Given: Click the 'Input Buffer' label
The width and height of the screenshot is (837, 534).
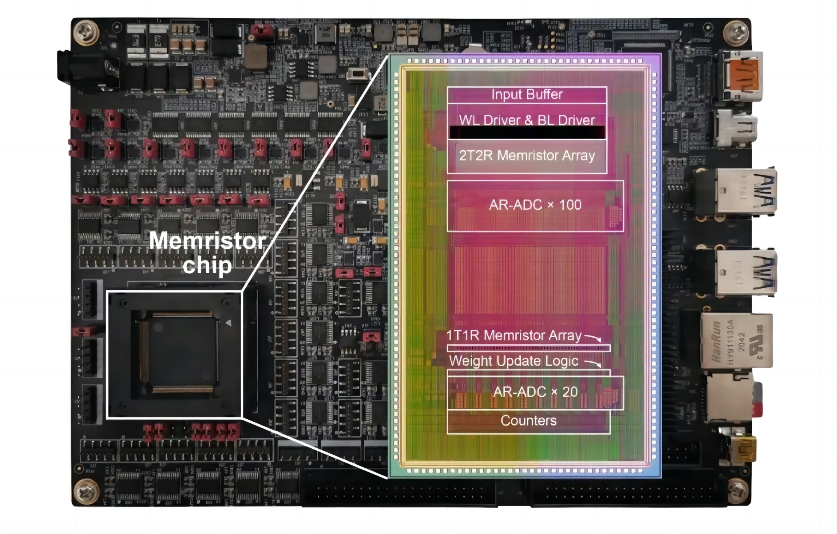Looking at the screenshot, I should click(527, 95).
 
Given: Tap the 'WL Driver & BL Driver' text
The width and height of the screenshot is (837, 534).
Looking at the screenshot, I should click(527, 120).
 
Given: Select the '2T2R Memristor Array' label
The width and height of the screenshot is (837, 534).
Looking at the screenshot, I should click(527, 155).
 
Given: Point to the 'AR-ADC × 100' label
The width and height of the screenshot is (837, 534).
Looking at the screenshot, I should click(535, 205).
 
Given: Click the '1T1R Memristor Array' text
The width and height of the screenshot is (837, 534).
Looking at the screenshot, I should click(514, 335).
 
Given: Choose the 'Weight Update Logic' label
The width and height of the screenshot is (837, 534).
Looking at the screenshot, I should click(513, 361).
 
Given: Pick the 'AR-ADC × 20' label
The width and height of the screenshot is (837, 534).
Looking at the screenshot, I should click(535, 392).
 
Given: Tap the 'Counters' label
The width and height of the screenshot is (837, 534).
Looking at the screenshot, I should click(528, 420).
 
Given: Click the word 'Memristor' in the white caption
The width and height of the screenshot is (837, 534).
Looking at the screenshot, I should click(207, 241).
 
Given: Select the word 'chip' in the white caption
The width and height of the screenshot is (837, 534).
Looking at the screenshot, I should click(207, 265).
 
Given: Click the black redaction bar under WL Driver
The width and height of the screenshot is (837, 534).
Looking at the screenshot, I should click(527, 133).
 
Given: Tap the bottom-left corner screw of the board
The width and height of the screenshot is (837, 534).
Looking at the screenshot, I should click(86, 491).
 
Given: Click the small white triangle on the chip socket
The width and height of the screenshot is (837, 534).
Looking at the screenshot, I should click(229, 323).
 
